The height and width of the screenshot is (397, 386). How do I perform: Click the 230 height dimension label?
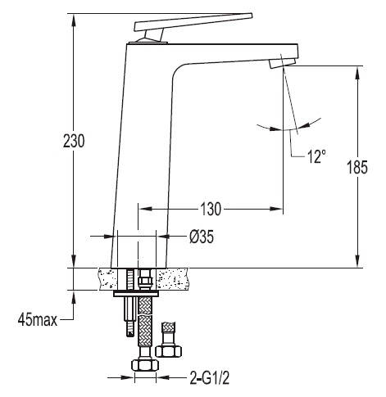pos(74,141)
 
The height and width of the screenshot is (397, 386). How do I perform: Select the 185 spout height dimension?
pos(357,167)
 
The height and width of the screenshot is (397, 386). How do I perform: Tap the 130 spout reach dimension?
pos(211,209)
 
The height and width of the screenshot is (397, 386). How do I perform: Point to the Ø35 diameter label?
pos(202,237)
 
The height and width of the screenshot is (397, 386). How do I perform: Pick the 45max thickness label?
pos(38,319)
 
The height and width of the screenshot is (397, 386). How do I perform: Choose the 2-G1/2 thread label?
pos(210,378)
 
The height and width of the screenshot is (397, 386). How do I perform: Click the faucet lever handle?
pos(193,22)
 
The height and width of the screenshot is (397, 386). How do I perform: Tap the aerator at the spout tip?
pos(282,63)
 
